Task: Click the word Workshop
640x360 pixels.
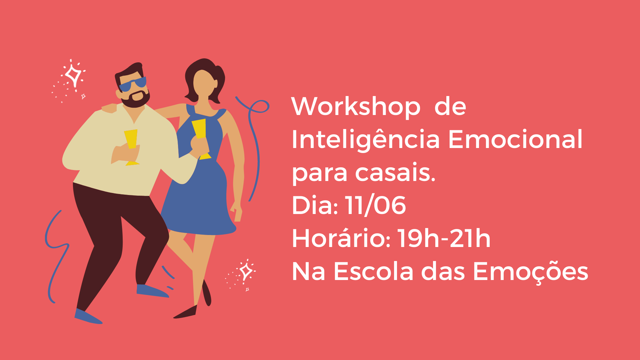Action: pyautogui.click(x=356, y=106)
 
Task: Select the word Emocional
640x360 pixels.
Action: pyautogui.click(x=515, y=139)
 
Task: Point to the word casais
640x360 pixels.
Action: pyautogui.click(x=395, y=172)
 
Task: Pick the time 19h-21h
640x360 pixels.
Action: pyautogui.click(x=444, y=238)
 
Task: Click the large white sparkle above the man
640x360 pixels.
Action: pyautogui.click(x=73, y=75)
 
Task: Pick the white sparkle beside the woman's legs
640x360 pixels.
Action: pyautogui.click(x=246, y=271)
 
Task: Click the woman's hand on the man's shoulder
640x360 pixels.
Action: pyautogui.click(x=110, y=108)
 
